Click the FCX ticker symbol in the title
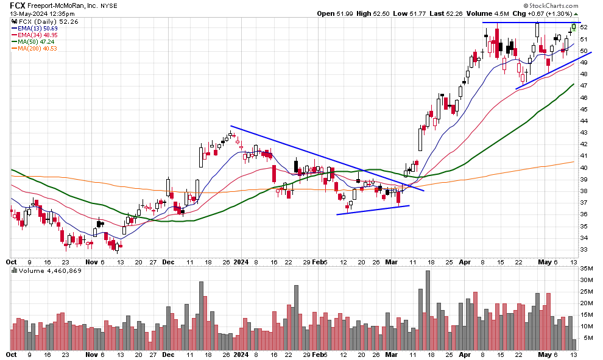(x=16, y=5)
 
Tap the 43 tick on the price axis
(x=583, y=133)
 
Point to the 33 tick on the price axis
(x=583, y=250)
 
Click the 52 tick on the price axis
(x=583, y=27)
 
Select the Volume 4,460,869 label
(x=49, y=270)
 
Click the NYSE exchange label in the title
(x=108, y=5)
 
